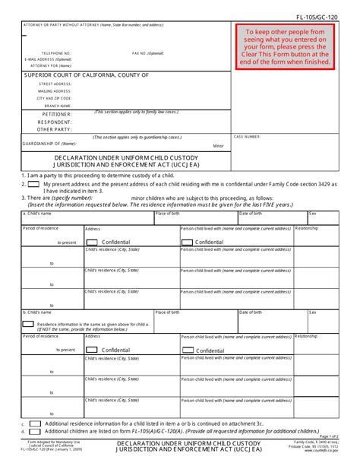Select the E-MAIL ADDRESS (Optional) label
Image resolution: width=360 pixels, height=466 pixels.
point(48,59)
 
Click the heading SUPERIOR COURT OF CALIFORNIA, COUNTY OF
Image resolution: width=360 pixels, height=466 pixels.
point(86,75)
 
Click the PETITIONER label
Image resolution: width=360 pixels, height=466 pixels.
point(57,114)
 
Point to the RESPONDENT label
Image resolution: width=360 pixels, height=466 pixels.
point(55,122)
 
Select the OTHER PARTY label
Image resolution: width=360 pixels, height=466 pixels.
point(55,129)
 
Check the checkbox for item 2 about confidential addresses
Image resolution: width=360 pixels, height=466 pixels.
point(35,183)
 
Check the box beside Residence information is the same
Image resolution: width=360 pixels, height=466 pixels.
point(29,323)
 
